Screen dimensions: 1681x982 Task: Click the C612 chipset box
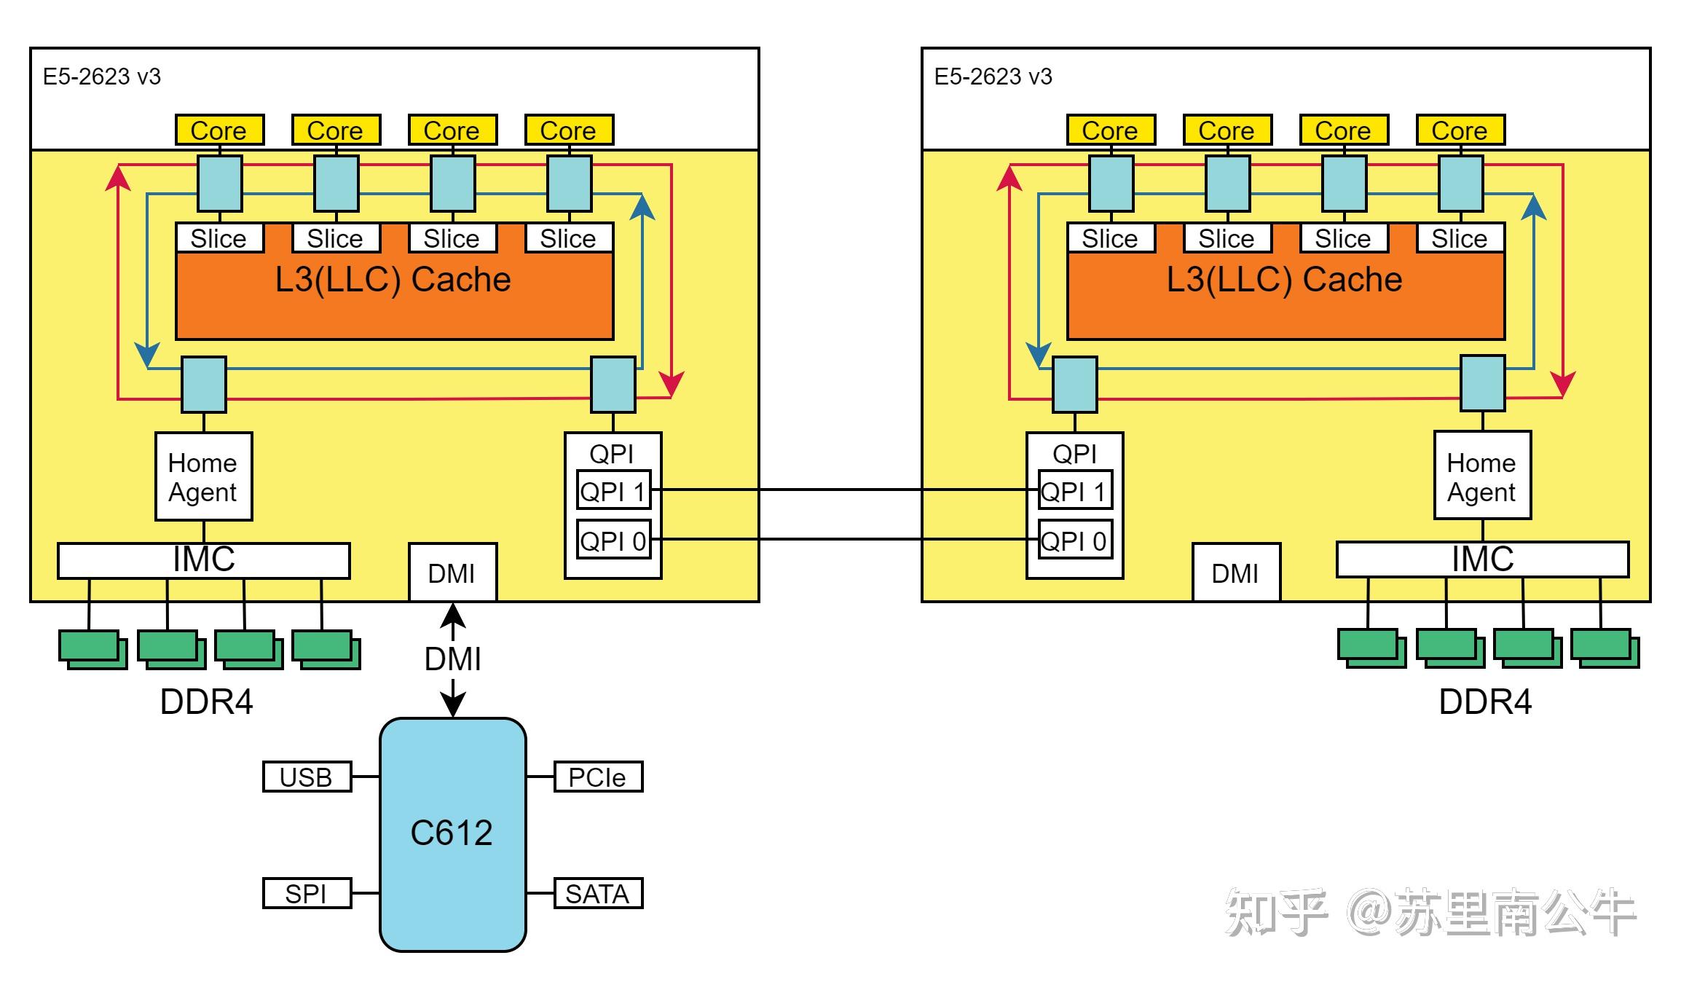pos(452,834)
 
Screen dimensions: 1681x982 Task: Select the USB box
pos(307,777)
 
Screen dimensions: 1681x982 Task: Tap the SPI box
pos(307,893)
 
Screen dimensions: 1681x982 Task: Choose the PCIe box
pos(598,777)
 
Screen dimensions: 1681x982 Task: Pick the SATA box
pos(598,893)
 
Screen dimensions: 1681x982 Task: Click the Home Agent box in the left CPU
pos(204,476)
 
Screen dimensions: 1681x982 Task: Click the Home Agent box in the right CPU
pos(1482,475)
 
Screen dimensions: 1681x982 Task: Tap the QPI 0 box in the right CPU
pos(1075,539)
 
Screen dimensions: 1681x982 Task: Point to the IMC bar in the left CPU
pos(204,560)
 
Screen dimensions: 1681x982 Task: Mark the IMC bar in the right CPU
pos(1482,559)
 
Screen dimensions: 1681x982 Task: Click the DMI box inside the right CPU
pos(1236,573)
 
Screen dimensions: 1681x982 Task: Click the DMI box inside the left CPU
pos(452,573)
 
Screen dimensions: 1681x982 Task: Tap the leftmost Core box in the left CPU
pos(219,130)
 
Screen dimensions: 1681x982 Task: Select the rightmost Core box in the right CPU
pos(1460,130)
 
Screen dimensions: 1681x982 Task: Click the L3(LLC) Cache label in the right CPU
pos(1284,280)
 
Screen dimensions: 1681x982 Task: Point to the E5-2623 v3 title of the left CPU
pos(102,76)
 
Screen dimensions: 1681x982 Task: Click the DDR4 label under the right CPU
pos(1485,702)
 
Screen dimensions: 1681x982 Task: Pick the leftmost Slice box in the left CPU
pos(219,237)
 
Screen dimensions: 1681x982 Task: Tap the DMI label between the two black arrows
pos(452,659)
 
